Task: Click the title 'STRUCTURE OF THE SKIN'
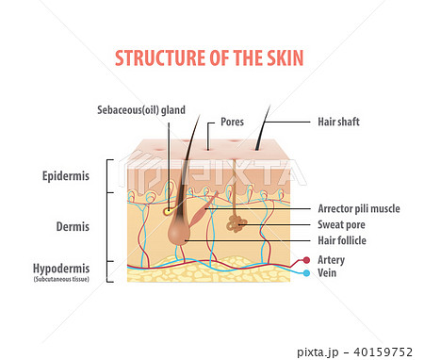tap(209, 57)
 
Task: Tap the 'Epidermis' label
tap(68, 176)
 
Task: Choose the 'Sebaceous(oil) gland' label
tap(141, 109)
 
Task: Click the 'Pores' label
tap(232, 122)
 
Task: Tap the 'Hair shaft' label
tap(340, 122)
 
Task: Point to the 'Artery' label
tap(331, 259)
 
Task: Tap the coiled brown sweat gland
tap(235, 223)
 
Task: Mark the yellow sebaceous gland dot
tap(168, 209)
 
